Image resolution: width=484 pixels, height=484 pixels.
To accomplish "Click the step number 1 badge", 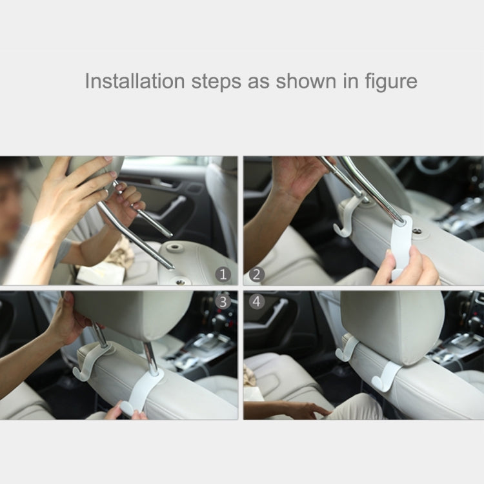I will [223, 274].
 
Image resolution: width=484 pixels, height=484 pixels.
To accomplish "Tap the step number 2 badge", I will [257, 274].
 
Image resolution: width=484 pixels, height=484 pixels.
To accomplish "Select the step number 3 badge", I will [223, 301].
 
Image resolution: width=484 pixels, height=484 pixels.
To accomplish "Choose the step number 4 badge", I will [257, 301].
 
